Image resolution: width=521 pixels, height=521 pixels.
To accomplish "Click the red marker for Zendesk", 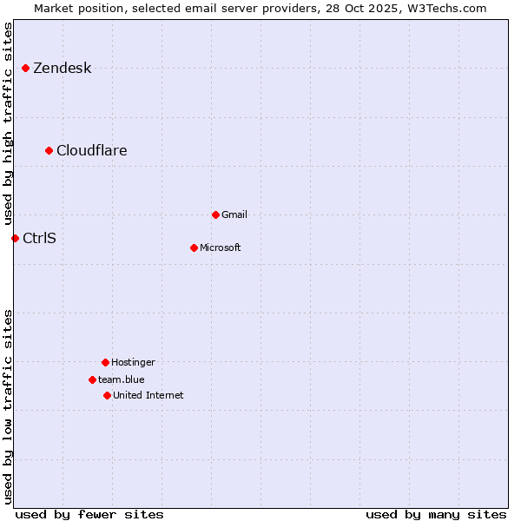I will pyautogui.click(x=25, y=68).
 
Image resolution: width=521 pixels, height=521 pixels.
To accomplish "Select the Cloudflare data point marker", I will pyautogui.click(x=49, y=150).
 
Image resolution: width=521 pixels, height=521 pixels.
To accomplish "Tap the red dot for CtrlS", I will pyautogui.click(x=15, y=238).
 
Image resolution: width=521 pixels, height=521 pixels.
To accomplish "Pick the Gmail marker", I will pyautogui.click(x=215, y=214).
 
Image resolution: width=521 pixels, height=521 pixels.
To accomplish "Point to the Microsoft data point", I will pyautogui.click(x=194, y=247).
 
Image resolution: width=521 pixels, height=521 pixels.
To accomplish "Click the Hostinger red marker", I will pyautogui.click(x=105, y=362).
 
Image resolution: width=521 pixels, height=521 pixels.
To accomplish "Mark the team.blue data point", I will pyautogui.click(x=92, y=379).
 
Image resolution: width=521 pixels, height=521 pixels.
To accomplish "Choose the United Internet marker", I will pyautogui.click(x=107, y=395).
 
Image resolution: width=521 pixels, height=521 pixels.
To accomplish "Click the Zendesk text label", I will pyautogui.click(x=62, y=69).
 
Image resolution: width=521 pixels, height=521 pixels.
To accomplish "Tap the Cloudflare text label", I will pyautogui.click(x=91, y=151).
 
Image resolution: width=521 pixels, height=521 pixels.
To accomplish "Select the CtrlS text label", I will pyautogui.click(x=39, y=238).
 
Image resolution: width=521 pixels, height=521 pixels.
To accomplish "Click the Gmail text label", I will pyautogui.click(x=234, y=214).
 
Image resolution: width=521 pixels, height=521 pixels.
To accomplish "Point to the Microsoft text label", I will pyautogui.click(x=220, y=248).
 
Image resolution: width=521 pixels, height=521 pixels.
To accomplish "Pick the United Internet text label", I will pyautogui.click(x=148, y=396).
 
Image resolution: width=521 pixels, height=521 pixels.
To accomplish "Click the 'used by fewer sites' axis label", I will pyautogui.click(x=89, y=514).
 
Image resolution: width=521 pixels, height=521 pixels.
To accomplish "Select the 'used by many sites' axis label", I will pyautogui.click(x=436, y=514).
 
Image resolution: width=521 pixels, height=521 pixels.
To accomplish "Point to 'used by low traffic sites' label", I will pyautogui.click(x=9, y=406).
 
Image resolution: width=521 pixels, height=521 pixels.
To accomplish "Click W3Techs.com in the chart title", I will pyautogui.click(x=445, y=8).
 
